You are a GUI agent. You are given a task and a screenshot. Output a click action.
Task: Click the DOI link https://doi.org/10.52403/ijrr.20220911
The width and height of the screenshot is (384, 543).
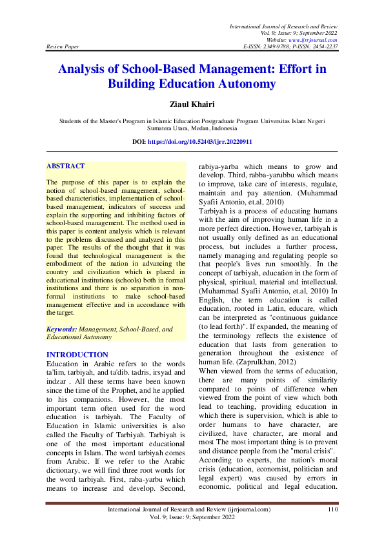(217, 141)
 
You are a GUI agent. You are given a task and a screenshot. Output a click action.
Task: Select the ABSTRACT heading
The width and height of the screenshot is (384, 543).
(65, 166)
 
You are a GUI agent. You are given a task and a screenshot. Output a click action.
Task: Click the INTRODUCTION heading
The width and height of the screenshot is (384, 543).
(77, 355)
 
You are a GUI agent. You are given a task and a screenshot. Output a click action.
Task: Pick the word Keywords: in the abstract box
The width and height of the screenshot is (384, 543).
(62, 329)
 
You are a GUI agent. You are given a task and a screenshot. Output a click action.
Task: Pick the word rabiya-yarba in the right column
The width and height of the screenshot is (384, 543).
(221, 166)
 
